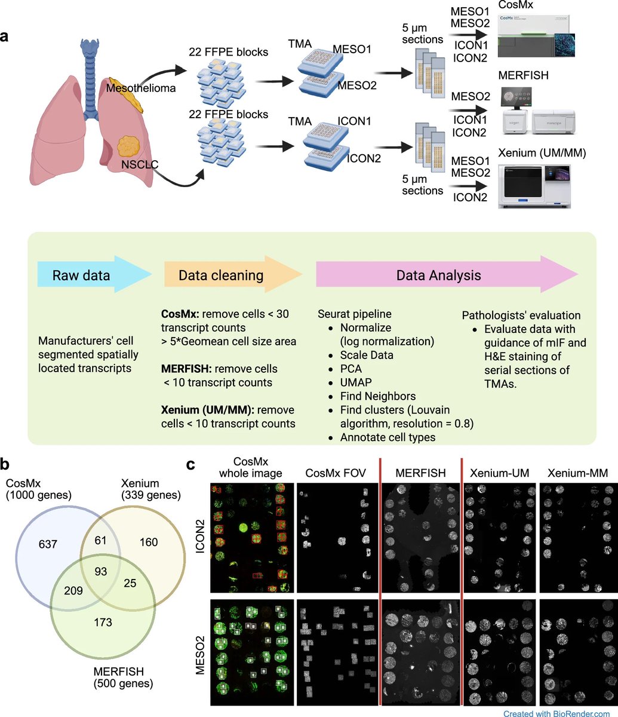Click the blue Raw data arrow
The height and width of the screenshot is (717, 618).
[x=90, y=275]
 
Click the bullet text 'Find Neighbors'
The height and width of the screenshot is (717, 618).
[x=377, y=396]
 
